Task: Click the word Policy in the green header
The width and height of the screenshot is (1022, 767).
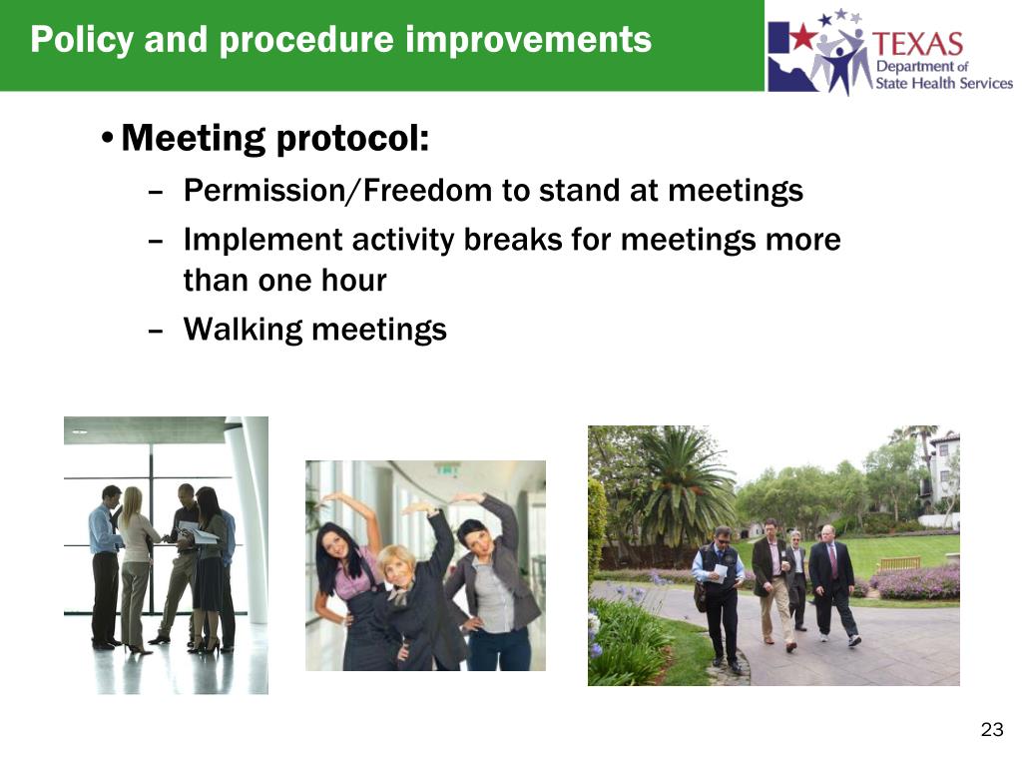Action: (82, 40)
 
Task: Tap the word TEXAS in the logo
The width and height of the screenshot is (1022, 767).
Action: (917, 44)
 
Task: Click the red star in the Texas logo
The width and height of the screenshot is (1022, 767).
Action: (803, 37)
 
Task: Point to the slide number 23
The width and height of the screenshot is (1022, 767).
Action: (991, 729)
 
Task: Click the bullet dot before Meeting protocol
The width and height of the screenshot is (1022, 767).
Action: (108, 138)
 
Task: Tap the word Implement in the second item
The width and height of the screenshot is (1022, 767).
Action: (263, 240)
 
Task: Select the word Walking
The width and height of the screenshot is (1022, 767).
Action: (244, 330)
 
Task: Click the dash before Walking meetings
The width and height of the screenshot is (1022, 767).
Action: (155, 331)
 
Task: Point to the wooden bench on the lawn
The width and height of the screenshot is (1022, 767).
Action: (900, 563)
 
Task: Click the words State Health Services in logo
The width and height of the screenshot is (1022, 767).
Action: (944, 83)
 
